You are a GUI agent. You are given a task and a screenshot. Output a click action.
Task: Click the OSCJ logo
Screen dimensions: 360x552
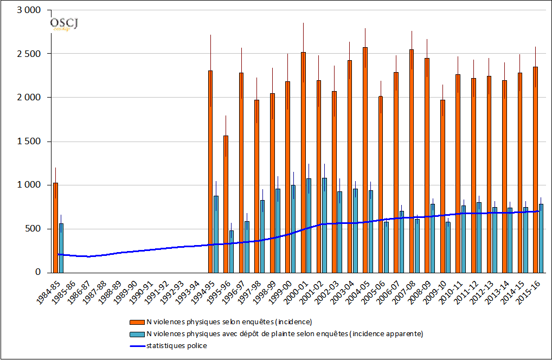[63, 23]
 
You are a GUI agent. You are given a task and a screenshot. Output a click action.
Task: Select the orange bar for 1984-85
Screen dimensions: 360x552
[55, 228]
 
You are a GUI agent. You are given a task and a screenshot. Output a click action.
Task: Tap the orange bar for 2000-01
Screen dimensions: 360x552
[303, 162]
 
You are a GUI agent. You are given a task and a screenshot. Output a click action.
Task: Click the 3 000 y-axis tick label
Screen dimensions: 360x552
[29, 11]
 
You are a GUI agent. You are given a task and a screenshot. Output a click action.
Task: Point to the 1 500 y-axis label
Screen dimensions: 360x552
[29, 142]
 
